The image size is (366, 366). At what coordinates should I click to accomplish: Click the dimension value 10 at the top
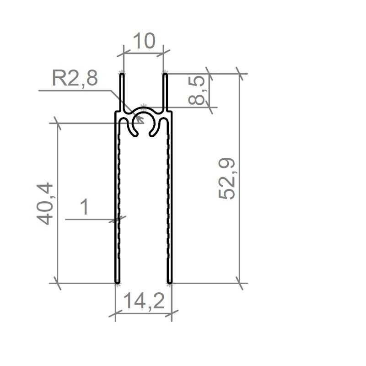(144, 41)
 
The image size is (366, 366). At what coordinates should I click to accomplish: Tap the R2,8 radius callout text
(75, 78)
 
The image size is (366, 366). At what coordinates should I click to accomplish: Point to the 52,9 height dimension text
(226, 178)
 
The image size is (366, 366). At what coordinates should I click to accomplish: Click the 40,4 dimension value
(45, 204)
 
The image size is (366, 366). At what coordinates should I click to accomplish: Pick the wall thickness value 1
(85, 207)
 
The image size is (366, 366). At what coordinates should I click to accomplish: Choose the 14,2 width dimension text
(144, 301)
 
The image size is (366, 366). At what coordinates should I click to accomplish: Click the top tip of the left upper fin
(122, 74)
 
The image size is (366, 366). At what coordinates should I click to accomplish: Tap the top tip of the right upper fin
(165, 74)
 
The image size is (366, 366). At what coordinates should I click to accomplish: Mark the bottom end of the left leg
(118, 283)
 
